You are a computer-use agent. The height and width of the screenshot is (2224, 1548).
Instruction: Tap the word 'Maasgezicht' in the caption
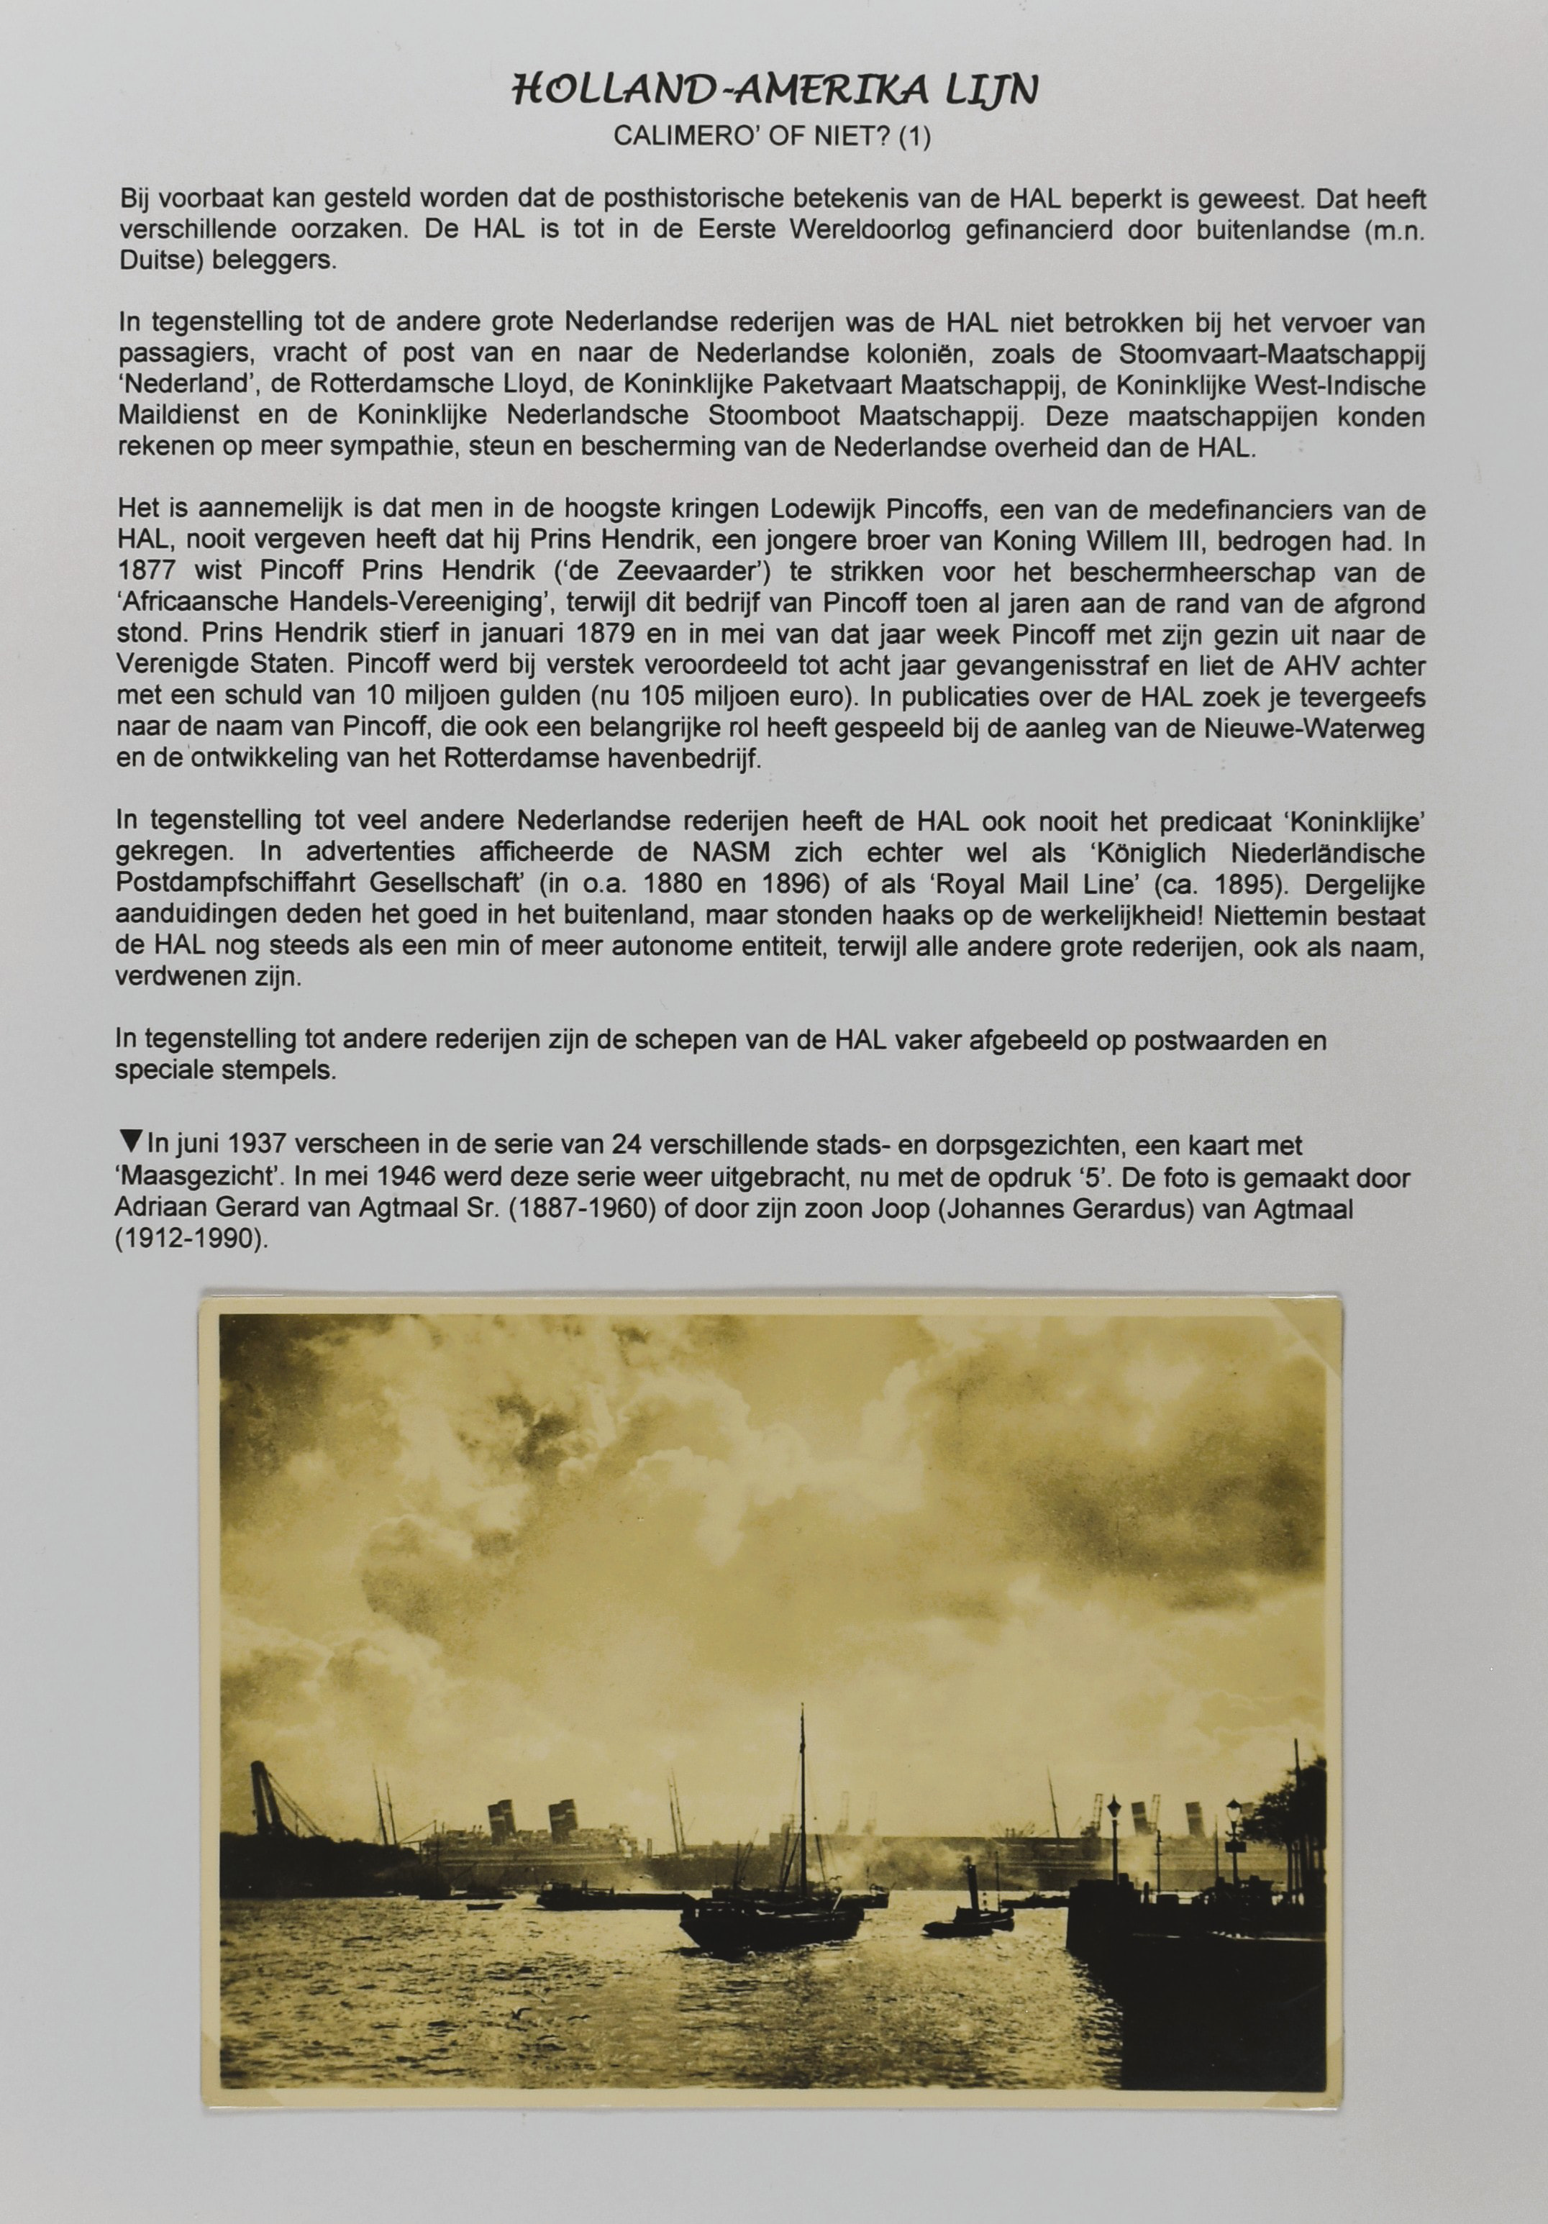[176, 1179]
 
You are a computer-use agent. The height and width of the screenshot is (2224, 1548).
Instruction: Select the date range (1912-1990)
[189, 1241]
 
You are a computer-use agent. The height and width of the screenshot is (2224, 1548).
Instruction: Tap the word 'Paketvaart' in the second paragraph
[828, 386]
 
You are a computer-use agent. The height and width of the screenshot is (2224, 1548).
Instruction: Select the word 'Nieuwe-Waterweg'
[1337, 729]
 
